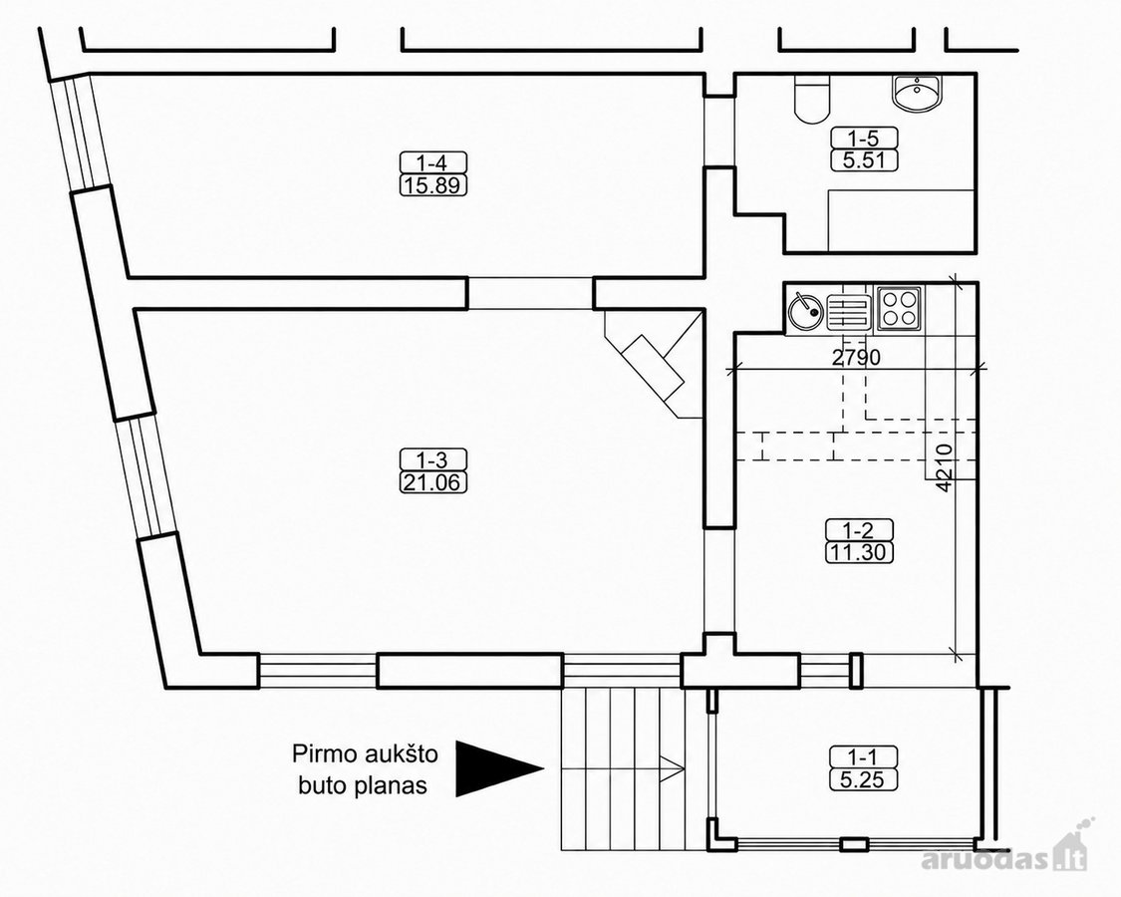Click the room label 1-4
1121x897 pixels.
point(433,161)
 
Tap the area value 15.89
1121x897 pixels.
point(433,186)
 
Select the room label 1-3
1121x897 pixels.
point(432,458)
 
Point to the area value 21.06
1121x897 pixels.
point(432,482)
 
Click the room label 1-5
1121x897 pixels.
point(864,137)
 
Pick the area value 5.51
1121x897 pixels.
point(864,160)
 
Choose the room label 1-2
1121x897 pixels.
point(859,530)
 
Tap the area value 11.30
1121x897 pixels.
point(859,553)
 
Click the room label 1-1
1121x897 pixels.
point(863,756)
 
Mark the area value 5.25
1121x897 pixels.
point(863,779)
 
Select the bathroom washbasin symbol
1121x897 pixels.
point(918,93)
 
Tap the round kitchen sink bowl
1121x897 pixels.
point(806,312)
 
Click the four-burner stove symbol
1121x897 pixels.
point(899,308)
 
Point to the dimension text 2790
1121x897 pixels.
point(856,356)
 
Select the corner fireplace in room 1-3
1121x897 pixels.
point(654,365)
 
